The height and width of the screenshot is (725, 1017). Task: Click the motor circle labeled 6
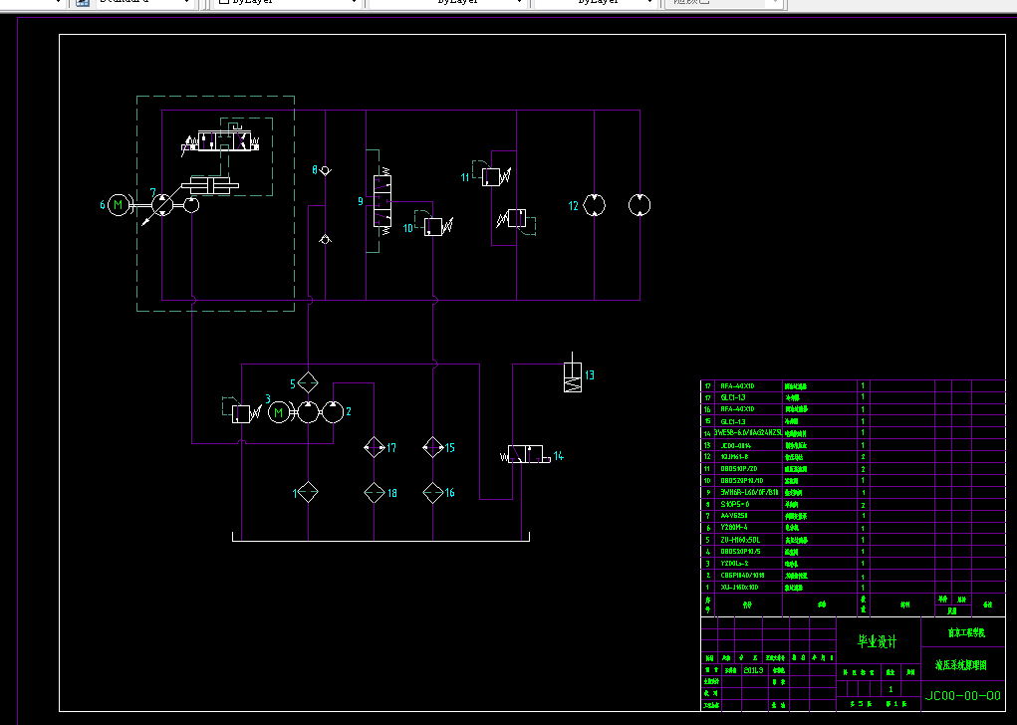[119, 205]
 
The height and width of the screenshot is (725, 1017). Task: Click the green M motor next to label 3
[279, 411]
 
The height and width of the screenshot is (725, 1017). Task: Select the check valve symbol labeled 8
[326, 171]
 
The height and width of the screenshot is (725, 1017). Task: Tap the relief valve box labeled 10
[432, 227]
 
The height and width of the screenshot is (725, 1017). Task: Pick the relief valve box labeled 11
[490, 177]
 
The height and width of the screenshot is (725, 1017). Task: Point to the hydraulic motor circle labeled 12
[595, 205]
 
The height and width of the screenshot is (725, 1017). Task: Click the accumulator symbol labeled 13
[572, 376]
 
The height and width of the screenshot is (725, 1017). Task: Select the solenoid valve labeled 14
[528, 455]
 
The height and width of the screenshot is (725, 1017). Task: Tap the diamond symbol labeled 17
[374, 447]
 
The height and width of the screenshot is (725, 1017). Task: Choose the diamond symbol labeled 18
[374, 492]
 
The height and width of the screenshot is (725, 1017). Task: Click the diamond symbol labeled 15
[432, 447]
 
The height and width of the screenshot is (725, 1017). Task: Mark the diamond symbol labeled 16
[432, 492]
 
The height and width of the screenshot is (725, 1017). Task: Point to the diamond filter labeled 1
[308, 492]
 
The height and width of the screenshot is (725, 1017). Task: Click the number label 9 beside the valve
[361, 202]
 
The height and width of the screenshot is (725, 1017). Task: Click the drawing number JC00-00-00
[963, 696]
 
